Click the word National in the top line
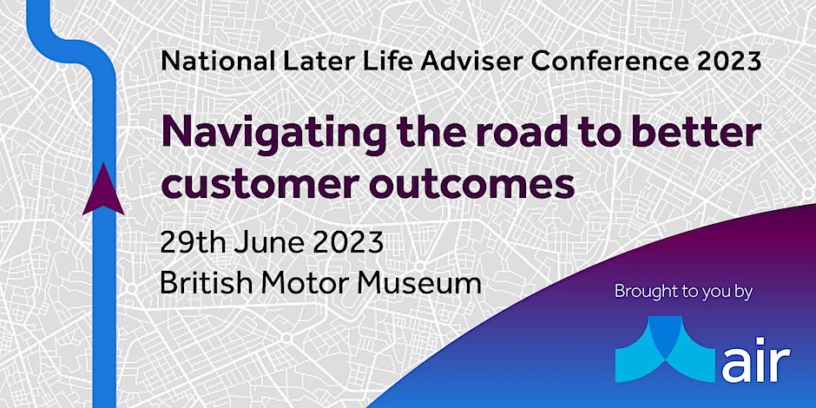[218, 62]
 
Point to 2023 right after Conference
[730, 62]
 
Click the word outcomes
[473, 185]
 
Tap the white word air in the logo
[755, 359]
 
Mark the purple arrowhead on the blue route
[103, 189]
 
